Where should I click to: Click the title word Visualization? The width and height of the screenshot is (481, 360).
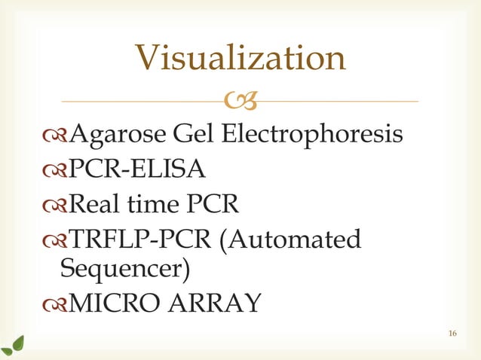click(x=240, y=59)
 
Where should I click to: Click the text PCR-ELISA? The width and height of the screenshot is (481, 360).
click(x=137, y=170)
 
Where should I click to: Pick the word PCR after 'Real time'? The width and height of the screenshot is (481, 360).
click(x=218, y=205)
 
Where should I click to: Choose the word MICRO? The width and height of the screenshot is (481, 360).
click(x=113, y=304)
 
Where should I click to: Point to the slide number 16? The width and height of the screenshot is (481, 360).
click(x=452, y=334)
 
